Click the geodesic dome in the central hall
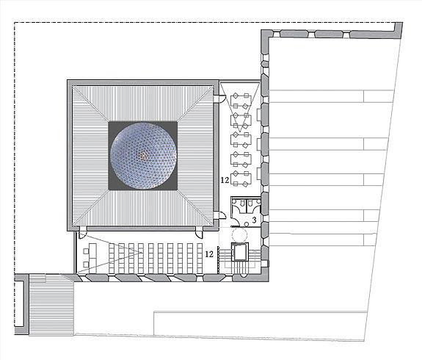pyautogui.click(x=143, y=156)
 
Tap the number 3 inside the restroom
pyautogui.click(x=254, y=220)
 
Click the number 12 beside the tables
pyautogui.click(x=225, y=180)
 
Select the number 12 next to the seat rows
pyautogui.click(x=209, y=253)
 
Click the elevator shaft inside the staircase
pyautogui.click(x=239, y=252)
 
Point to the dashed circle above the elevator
pyautogui.click(x=239, y=235)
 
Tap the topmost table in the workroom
pyautogui.click(x=241, y=101)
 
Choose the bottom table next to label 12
pyautogui.click(x=241, y=179)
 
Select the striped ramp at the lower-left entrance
pyautogui.click(x=51, y=305)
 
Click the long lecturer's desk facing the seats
pyautogui.click(x=92, y=255)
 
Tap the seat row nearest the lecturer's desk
pyautogui.click(x=112, y=258)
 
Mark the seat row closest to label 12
pyautogui.click(x=200, y=258)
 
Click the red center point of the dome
pyautogui.click(x=142, y=155)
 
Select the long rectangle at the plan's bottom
pyautogui.click(x=260, y=323)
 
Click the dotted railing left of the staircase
pyautogui.click(x=218, y=260)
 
